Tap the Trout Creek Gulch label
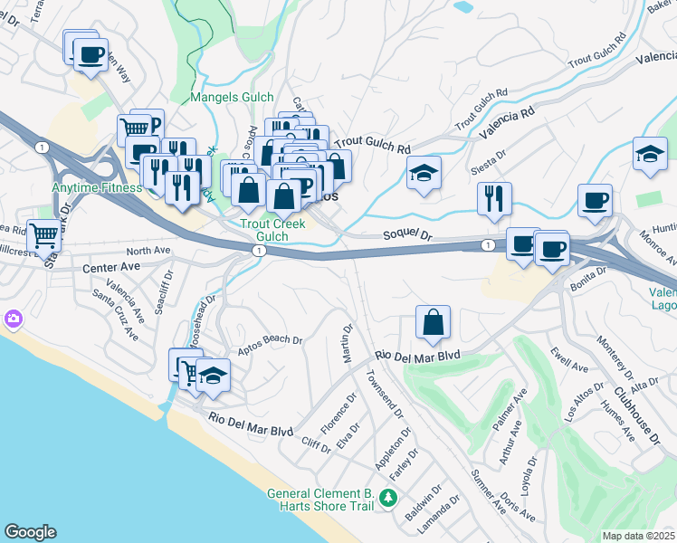coord(263,230)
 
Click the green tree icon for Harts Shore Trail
coord(388,498)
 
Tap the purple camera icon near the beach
coord(13,319)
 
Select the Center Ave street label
coord(111,267)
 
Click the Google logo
coord(30,532)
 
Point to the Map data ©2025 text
coord(638,536)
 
